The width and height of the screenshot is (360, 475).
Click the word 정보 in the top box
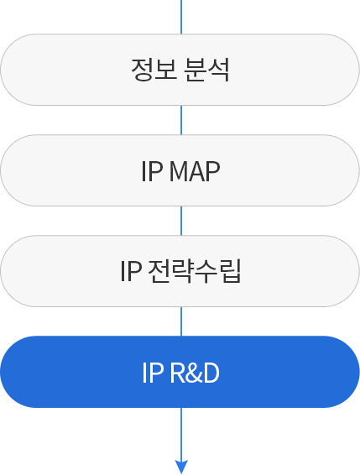[154, 70]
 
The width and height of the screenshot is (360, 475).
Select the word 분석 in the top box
[206, 70]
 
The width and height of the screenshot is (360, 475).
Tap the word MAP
[195, 171]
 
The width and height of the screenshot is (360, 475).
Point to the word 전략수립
[195, 271]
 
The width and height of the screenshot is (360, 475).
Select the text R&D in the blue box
[195, 373]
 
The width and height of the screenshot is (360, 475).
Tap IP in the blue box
[153, 373]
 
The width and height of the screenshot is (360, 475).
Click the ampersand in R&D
[193, 373]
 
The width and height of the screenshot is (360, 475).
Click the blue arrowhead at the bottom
[181, 467]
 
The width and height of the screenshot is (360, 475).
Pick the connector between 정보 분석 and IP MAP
[181, 120]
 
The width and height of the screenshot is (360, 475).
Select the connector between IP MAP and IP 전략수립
[181, 221]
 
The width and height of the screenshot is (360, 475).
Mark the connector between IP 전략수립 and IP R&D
[181, 321]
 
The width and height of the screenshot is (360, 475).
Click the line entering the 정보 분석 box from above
[181, 17]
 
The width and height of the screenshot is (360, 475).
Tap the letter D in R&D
[211, 373]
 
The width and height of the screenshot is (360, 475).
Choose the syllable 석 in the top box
[218, 70]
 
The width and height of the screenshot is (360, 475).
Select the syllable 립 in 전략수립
[230, 271]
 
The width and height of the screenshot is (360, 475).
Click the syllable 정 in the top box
[142, 70]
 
